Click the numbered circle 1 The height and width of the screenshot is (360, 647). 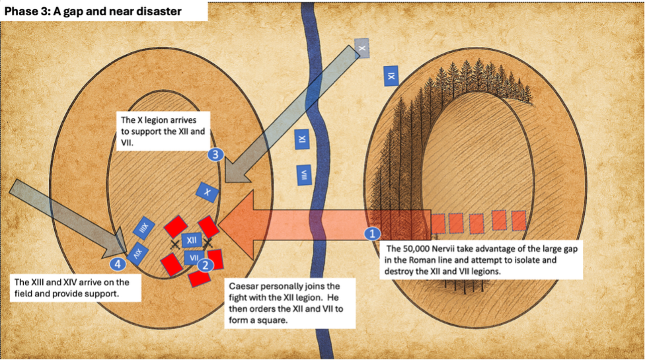coord(373,233)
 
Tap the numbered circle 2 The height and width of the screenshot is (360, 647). coord(205,265)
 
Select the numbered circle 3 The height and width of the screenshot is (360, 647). coord(215,155)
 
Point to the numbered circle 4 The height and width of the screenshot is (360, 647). coord(118,265)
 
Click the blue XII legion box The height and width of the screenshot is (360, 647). coord(192,240)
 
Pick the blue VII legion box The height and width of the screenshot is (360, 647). coord(193,257)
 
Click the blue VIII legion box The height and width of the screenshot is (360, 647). coord(305,175)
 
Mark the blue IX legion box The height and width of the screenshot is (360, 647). coord(391,76)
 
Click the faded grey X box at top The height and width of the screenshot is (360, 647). coord(362,47)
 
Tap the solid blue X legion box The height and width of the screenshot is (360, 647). coord(208,192)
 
